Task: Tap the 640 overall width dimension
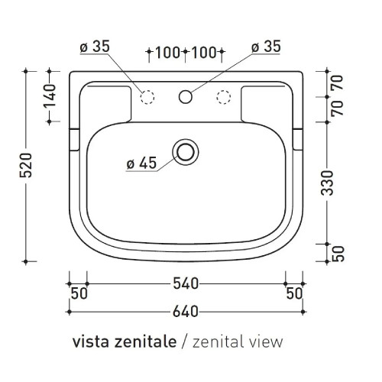pyautogui.click(x=185, y=311)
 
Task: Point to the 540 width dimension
pyautogui.click(x=185, y=284)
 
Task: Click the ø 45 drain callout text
pyautogui.click(x=141, y=163)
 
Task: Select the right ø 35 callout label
pyautogui.click(x=267, y=47)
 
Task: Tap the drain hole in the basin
pyautogui.click(x=185, y=151)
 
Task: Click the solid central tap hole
pyautogui.click(x=185, y=96)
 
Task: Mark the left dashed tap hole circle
pyautogui.click(x=148, y=96)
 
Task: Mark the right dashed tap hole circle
pyautogui.click(x=223, y=96)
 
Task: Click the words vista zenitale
pyautogui.click(x=125, y=341)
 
